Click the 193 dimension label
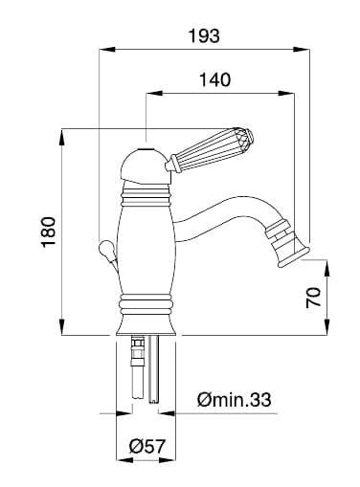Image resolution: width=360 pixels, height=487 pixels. point(204,35)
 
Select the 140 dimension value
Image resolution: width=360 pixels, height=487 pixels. point(214,79)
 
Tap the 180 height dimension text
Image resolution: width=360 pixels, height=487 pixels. point(49,232)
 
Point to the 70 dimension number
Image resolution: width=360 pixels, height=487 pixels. point(313,297)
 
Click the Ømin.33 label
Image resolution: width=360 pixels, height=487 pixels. point(234,399)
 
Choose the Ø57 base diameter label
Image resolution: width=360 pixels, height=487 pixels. point(147,446)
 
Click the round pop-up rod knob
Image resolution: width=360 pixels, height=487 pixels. point(105,249)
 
